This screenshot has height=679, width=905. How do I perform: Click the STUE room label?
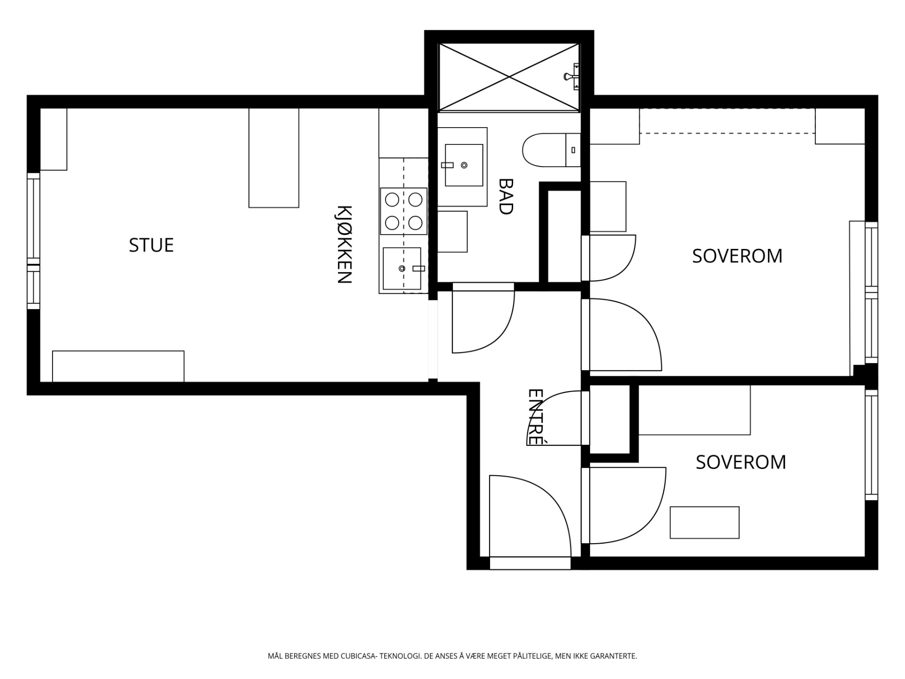[x=151, y=245]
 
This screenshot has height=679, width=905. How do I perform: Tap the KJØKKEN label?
[x=344, y=245]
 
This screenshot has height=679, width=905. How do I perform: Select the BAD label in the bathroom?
[x=505, y=196]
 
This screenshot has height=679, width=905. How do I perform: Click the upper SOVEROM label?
[x=737, y=256]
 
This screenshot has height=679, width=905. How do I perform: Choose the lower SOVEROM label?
[x=741, y=462]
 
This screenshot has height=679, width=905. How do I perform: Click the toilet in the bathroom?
[x=552, y=150]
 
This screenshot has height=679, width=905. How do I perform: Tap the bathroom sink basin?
[x=464, y=165]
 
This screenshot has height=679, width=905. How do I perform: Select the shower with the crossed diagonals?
[x=509, y=77]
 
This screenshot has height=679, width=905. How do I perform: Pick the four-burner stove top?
[x=403, y=211]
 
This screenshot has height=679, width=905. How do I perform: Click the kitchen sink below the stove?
[x=402, y=268]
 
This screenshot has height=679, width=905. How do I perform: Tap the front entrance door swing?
[x=530, y=516]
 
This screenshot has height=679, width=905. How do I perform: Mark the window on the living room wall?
[x=33, y=241]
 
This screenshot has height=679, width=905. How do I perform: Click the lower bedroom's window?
[x=871, y=445]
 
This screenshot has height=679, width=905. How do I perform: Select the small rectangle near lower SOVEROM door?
[x=704, y=522]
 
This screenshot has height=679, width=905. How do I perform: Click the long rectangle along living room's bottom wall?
[x=118, y=366]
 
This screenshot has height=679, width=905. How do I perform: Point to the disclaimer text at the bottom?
[x=452, y=656]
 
